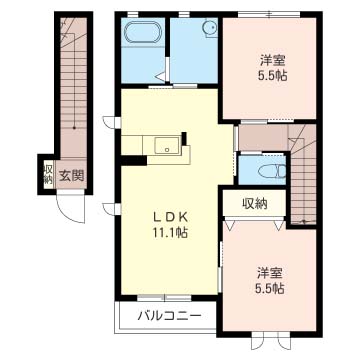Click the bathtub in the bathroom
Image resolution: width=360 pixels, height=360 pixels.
point(143,33)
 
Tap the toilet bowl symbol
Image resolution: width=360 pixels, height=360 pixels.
point(272,172)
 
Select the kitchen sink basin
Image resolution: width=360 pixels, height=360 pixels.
point(167,145)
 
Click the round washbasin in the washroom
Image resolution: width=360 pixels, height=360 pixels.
point(210,28)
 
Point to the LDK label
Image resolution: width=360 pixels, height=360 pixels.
point(170,217)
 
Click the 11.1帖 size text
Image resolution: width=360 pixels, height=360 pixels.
point(170,233)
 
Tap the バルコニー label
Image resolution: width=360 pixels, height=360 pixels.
point(170,315)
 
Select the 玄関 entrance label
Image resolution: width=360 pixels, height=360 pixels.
point(71,175)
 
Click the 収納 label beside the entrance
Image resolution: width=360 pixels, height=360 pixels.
point(48,175)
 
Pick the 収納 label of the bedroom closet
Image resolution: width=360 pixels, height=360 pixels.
point(255,203)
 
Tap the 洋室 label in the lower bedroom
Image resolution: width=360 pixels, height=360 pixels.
point(269,273)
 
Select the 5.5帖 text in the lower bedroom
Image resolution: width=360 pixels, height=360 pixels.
point(269,289)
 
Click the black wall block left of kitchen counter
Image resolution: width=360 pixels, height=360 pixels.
point(133,160)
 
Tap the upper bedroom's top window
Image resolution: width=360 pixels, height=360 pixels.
point(269,14)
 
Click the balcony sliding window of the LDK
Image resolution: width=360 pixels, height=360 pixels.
point(164,298)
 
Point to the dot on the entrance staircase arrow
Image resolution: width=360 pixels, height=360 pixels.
point(74,127)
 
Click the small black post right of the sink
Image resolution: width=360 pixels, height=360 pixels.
point(184,138)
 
